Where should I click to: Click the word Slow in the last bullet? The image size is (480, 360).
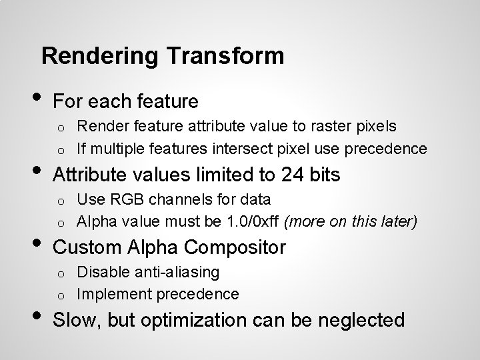coord(75,321)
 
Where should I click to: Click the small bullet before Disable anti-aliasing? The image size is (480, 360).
coord(59,273)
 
